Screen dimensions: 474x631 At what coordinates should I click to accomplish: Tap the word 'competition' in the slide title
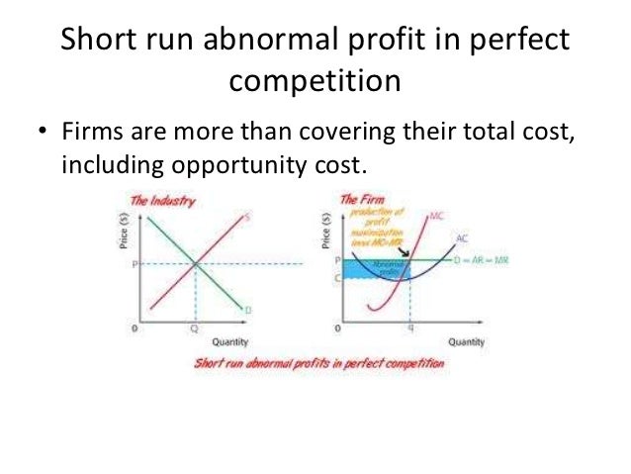[x=315, y=79]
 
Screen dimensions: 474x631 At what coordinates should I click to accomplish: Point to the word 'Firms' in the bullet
[x=90, y=133]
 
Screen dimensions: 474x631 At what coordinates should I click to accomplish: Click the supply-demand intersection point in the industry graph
[x=196, y=263]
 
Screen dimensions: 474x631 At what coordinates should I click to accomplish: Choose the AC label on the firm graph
[x=462, y=237]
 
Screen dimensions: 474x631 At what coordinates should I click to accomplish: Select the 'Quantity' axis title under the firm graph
[x=465, y=341]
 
